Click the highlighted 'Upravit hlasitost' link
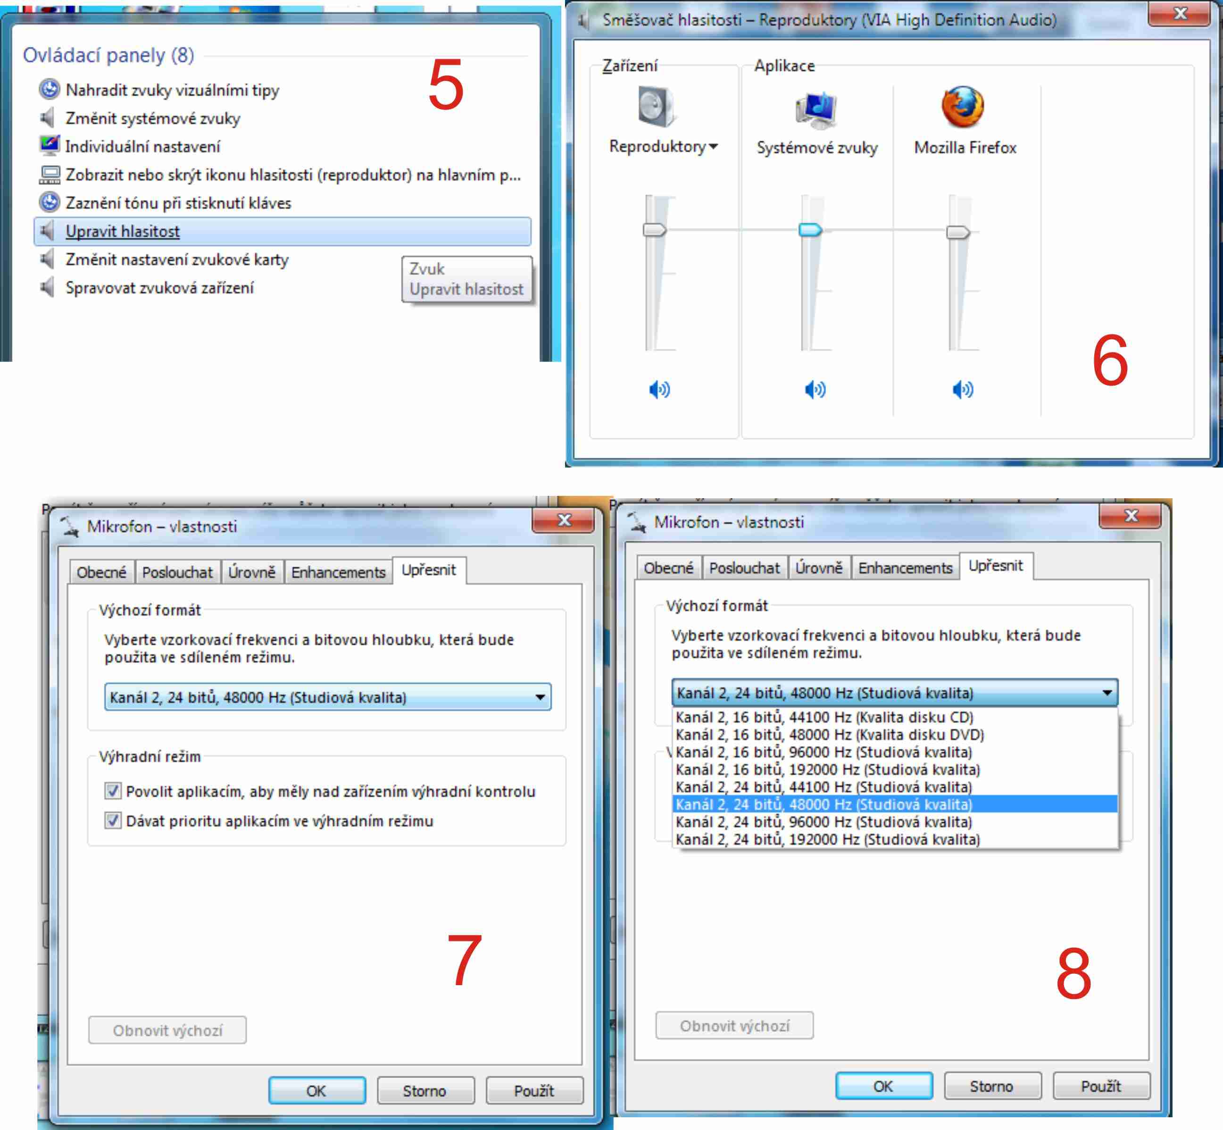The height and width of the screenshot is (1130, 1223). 122,231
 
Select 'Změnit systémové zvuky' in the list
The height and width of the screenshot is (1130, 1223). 153,118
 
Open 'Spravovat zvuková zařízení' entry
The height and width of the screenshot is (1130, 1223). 159,287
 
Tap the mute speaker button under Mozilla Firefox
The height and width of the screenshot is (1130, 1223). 963,389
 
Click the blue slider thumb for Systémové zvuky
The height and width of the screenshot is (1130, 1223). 810,230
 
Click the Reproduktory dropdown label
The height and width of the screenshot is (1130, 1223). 663,146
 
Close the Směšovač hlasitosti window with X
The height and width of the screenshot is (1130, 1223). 1180,14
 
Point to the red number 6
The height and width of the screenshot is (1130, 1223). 1110,361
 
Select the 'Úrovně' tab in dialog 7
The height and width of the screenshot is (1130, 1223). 252,572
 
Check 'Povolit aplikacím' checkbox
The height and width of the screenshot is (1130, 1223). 112,791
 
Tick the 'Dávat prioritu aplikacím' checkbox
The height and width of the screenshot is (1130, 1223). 112,820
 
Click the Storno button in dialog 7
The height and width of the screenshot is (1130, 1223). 425,1091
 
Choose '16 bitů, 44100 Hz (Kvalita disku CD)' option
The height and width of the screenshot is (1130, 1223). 824,717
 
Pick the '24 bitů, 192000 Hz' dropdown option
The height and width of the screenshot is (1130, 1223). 828,839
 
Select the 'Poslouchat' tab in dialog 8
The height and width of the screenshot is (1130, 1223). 744,568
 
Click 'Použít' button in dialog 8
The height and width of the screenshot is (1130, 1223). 1101,1086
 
